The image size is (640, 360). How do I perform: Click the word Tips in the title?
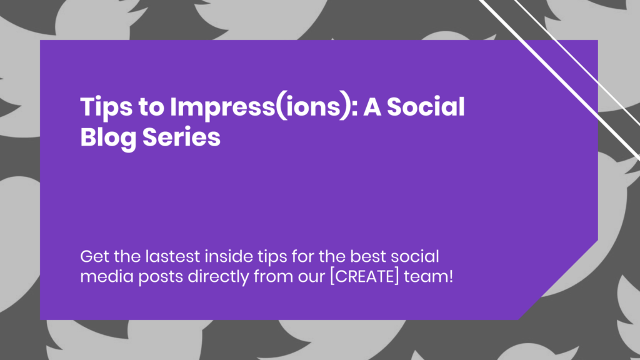(106, 107)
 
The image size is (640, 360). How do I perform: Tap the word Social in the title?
(426, 107)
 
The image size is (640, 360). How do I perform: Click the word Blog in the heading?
(108, 138)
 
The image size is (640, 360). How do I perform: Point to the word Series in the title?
(181, 137)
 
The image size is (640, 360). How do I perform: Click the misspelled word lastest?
(172, 257)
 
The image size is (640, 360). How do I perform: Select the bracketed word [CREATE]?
(364, 276)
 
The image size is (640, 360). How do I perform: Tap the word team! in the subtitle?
(428, 277)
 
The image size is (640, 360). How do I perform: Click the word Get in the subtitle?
(95, 257)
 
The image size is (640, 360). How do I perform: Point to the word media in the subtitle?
(107, 276)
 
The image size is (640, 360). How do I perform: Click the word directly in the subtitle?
(218, 277)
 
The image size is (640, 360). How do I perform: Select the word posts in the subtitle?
(161, 277)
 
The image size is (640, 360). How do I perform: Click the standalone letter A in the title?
(372, 107)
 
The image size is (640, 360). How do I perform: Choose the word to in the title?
(151, 108)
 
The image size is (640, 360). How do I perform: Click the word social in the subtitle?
(415, 257)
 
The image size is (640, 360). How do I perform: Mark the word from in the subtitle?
(273, 276)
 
